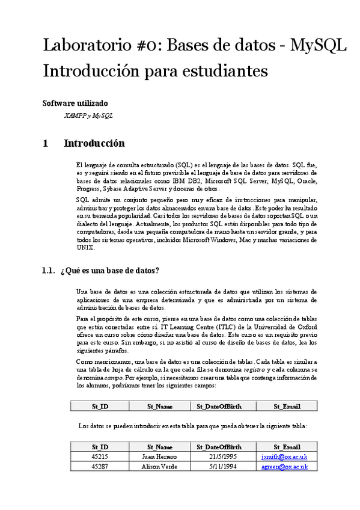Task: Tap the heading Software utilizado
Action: coord(75,103)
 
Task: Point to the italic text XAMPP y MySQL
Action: coord(88,115)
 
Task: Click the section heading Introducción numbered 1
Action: coord(94,143)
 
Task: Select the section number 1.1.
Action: coord(49,270)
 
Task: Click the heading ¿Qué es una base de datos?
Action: coord(110,270)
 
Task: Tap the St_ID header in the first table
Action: coord(100,407)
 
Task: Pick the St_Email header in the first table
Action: coord(287,407)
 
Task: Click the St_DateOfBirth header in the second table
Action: coord(219,447)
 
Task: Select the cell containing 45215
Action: coord(100,456)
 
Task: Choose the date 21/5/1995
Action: coord(219,456)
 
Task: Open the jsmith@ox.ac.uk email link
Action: coord(287,456)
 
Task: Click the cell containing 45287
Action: coord(100,466)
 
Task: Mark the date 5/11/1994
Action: coord(219,466)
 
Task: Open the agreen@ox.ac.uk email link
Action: coord(287,466)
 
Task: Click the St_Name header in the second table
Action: coord(160,447)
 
